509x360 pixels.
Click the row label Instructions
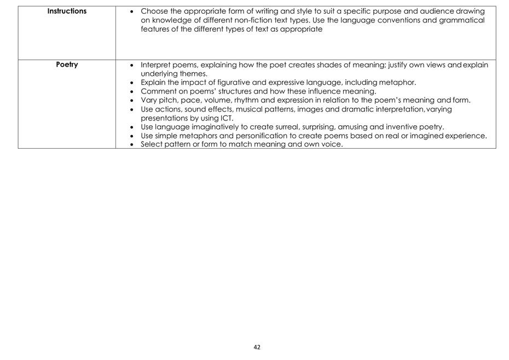(x=67, y=11)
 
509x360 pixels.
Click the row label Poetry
(x=67, y=65)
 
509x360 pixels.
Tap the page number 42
(x=257, y=347)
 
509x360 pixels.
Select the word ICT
(x=226, y=118)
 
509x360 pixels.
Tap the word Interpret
(x=155, y=65)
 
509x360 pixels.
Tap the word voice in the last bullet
(x=331, y=144)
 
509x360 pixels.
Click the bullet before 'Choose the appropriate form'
(x=131, y=11)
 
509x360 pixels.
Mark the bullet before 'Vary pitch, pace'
(x=131, y=101)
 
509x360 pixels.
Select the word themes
(x=194, y=74)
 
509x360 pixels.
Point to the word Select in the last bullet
(x=152, y=144)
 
